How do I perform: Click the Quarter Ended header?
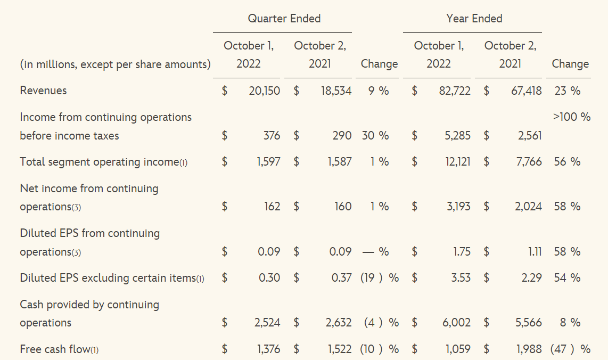284,19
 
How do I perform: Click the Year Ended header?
474,19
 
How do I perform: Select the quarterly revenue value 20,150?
264,91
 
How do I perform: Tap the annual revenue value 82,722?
454,91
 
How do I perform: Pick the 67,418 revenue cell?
526,91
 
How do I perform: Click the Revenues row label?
43,91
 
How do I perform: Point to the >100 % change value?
571,117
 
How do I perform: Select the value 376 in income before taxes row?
272,136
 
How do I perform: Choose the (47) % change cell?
570,349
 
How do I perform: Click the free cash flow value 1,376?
268,349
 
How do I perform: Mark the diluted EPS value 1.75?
462,251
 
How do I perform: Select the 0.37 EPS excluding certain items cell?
341,278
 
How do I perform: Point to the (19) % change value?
379,278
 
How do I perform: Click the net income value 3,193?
458,207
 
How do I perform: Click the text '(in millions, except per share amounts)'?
115,64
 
